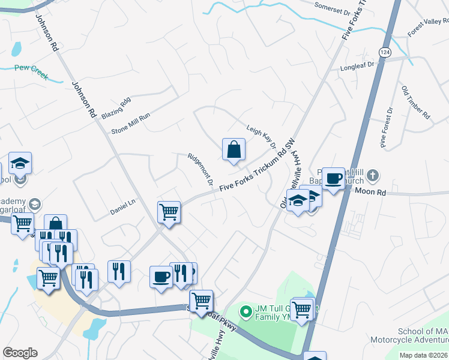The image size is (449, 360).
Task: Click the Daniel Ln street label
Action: click(124, 208)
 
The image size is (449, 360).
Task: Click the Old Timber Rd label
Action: click(416, 101)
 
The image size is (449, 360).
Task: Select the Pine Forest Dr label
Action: click(386, 127)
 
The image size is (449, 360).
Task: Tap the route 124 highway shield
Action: click(385, 53)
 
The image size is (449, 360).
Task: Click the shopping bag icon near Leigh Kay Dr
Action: click(234, 150)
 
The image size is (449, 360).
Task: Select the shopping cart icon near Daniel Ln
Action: click(169, 211)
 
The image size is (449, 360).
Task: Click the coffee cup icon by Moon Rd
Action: click(333, 178)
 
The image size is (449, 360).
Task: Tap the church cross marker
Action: click(373, 176)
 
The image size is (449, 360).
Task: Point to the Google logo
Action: click(20, 353)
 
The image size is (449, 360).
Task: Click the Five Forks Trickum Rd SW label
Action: click(258, 170)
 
